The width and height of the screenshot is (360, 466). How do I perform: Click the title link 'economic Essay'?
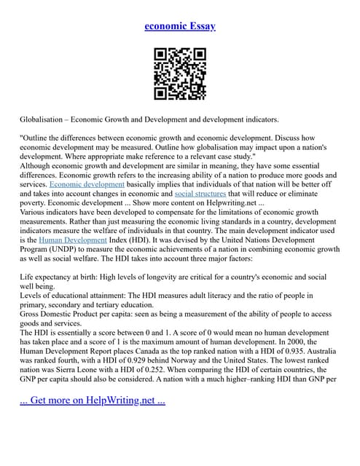click(x=180, y=26)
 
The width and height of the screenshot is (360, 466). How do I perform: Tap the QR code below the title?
click(x=180, y=74)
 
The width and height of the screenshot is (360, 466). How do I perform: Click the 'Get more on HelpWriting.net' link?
click(x=93, y=400)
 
